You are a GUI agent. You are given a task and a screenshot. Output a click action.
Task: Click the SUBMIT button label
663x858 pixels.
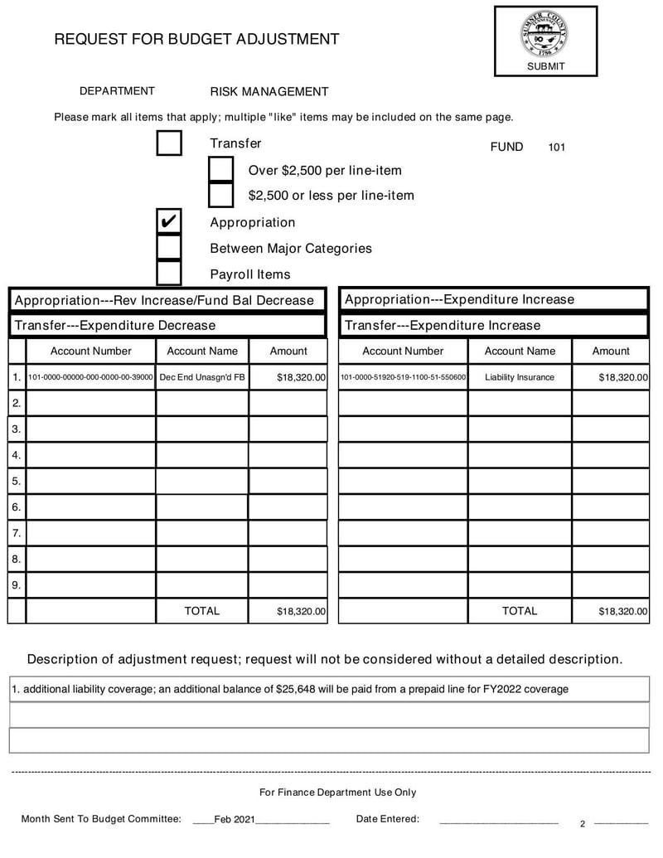545,66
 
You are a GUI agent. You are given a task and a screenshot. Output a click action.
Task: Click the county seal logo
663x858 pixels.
544,33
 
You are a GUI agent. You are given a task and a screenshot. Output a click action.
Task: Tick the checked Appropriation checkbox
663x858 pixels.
169,222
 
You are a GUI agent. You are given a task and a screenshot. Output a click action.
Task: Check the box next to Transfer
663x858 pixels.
169,143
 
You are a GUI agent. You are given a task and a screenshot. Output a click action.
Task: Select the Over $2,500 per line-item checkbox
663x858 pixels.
221,170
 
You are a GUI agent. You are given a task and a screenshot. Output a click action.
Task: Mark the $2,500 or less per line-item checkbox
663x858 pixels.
221,196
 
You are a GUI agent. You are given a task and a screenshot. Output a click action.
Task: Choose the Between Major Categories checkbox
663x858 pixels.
169,248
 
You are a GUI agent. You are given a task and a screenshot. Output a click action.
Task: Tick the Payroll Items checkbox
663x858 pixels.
169,274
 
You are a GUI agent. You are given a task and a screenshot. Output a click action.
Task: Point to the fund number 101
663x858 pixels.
556,148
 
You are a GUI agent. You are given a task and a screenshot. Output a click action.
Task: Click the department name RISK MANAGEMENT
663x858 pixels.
269,92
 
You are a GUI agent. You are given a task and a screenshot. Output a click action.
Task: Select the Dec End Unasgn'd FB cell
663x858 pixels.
202,377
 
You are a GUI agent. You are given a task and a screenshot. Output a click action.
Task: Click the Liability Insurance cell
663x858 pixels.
520,377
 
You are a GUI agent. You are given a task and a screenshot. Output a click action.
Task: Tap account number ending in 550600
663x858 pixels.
404,377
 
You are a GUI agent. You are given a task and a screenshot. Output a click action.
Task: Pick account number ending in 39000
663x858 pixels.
91,377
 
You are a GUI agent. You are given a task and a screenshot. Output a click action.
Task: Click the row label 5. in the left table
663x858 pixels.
17,481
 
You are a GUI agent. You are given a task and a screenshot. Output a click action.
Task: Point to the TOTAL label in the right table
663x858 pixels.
520,611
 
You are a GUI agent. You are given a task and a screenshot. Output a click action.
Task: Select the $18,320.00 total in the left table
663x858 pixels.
301,612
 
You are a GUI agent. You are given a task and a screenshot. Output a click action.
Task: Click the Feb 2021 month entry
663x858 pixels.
235,819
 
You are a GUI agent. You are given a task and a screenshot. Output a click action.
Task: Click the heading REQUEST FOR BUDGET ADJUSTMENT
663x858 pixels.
196,39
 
